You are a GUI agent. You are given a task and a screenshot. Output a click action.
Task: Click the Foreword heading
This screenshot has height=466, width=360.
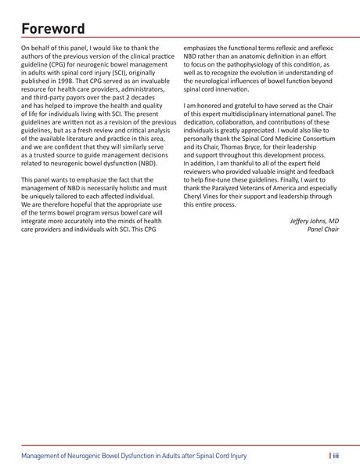tap(52, 29)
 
